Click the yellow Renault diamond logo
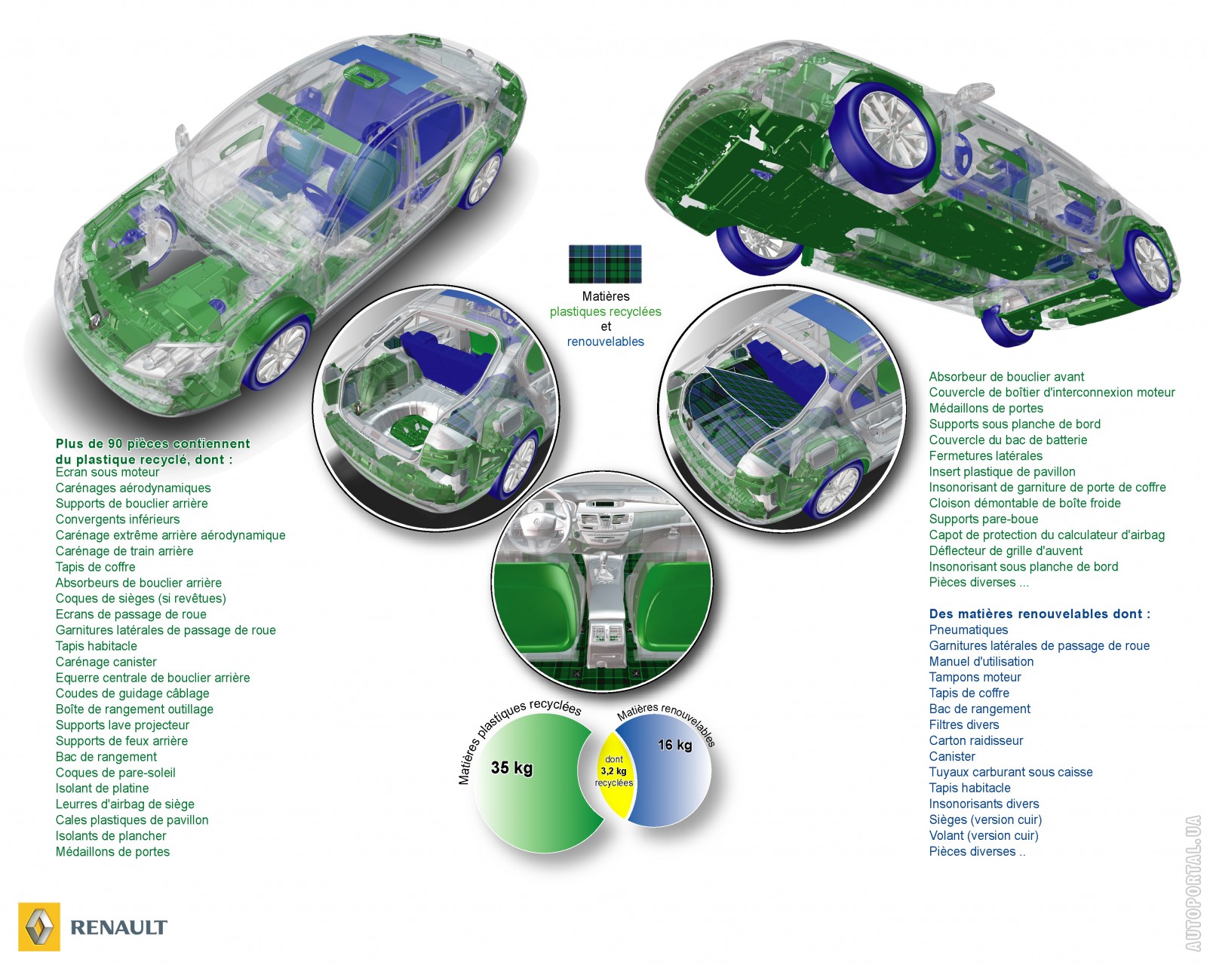point(39,927)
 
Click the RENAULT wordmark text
point(119,927)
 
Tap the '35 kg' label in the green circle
point(511,767)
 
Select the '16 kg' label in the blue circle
point(674,745)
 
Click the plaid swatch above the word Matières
point(605,264)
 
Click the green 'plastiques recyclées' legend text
point(605,312)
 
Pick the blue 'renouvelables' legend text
point(605,342)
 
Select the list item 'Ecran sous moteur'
point(107,472)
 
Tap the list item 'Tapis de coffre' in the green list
point(95,567)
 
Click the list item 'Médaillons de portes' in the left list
point(112,852)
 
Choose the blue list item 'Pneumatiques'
point(969,630)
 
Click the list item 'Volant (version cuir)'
point(984,835)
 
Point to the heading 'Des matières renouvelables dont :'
point(1040,614)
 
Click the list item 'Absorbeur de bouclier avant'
point(1006,377)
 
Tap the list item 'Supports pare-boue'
point(983,519)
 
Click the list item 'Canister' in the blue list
point(952,756)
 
